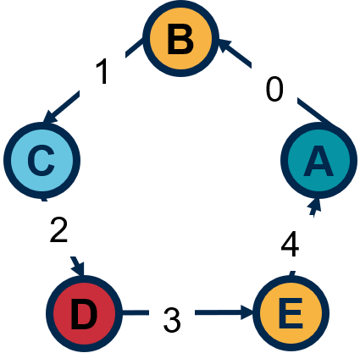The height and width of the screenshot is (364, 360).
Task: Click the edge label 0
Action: tap(274, 90)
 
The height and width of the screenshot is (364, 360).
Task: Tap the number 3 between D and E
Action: tap(172, 320)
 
